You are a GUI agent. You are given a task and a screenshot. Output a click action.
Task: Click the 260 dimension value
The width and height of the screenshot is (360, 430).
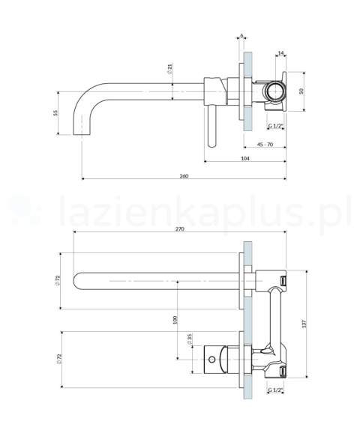[184, 176]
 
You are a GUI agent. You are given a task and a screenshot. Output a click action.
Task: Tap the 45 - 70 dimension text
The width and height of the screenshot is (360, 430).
[264, 144]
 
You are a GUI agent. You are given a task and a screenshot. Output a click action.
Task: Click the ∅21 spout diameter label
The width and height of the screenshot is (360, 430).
[171, 69]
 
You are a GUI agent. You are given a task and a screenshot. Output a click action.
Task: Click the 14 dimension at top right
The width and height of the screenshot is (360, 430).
[280, 53]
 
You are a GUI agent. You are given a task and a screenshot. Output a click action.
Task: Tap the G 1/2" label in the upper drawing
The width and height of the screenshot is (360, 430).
[276, 127]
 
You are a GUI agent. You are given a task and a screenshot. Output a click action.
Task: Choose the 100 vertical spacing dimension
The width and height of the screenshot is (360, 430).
[175, 318]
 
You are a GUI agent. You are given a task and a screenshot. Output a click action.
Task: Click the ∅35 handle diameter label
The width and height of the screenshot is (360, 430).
[190, 339]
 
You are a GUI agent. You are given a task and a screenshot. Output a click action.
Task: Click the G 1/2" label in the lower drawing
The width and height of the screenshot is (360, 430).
[276, 390]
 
